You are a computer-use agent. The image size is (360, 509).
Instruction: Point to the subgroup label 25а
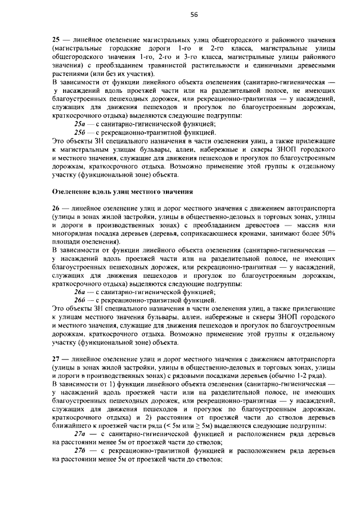point(80,124)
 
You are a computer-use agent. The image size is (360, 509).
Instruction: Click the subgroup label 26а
point(80,291)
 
